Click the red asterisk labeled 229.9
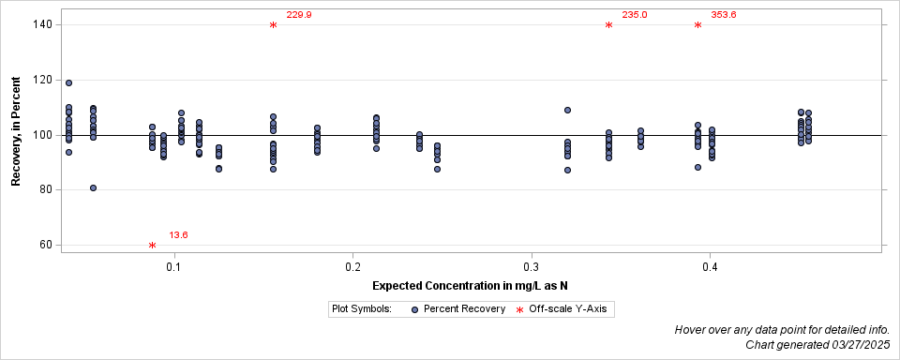[x=273, y=25]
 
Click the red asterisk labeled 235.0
[x=608, y=25]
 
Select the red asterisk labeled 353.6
[x=697, y=25]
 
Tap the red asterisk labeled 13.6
[x=152, y=246]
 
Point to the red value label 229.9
[x=299, y=15]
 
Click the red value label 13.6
[x=178, y=235]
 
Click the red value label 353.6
[x=724, y=15]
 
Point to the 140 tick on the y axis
[x=41, y=24]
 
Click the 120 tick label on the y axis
[x=41, y=80]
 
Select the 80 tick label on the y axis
[x=44, y=189]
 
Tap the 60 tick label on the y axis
[x=44, y=245]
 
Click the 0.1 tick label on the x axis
[x=173, y=267]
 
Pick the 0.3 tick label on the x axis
[x=532, y=267]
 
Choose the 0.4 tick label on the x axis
[x=710, y=267]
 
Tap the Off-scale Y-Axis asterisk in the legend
[x=521, y=308]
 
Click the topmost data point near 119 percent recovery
[x=68, y=83]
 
